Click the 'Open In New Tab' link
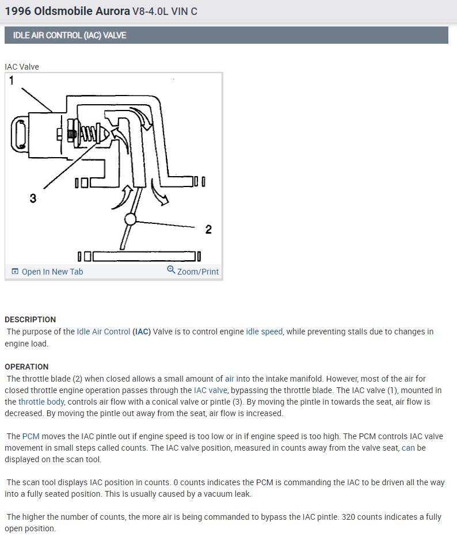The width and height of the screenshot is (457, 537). [52, 272]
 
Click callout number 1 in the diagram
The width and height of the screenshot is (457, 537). [12, 81]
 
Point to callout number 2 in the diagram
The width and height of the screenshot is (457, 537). [208, 230]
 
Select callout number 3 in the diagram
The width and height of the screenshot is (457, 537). [33, 199]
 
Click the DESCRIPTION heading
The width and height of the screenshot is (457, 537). [31, 319]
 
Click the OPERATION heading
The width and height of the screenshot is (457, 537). [26, 367]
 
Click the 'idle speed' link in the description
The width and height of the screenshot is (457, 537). [264, 332]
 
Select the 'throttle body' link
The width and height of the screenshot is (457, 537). [41, 402]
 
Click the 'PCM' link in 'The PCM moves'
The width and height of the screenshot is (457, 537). [31, 437]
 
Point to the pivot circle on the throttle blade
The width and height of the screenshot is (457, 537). [130, 219]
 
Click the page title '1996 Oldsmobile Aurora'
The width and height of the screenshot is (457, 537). [67, 11]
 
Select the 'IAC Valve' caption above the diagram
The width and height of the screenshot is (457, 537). [22, 67]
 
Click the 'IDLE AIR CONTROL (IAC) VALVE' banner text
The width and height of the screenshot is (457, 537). [70, 35]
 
